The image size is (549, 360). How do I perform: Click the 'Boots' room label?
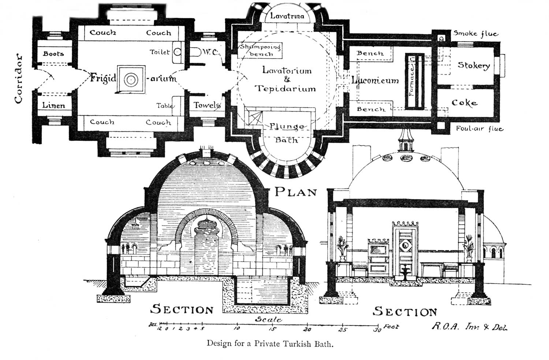click(53, 54)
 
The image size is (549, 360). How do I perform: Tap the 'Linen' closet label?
click(53, 105)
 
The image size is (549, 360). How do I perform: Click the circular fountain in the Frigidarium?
click(130, 79)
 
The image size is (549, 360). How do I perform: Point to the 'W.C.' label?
click(210, 53)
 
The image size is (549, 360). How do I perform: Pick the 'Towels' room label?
click(207, 105)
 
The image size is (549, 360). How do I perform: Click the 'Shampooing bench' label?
click(260, 50)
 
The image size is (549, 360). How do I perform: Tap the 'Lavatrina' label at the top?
click(287, 16)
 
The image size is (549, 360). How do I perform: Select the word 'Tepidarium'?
click(285, 89)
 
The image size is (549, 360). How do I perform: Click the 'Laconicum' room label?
click(375, 80)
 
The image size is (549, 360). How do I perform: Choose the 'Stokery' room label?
click(474, 65)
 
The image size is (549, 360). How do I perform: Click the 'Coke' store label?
click(464, 103)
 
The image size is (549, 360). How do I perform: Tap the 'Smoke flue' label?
click(476, 34)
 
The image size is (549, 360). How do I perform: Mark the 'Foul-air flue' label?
click(479, 129)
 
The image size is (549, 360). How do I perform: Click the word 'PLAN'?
click(296, 192)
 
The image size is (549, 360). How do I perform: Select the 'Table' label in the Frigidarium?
click(165, 106)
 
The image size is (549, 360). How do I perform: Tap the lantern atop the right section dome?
click(405, 141)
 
